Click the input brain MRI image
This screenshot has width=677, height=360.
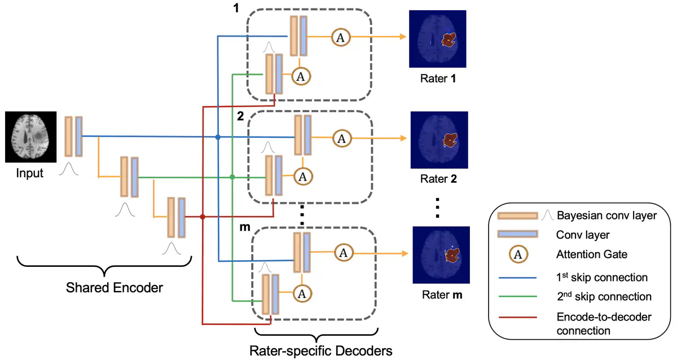click(31, 136)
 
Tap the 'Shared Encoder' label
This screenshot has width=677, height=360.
click(115, 287)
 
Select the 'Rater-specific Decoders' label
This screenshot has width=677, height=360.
click(320, 351)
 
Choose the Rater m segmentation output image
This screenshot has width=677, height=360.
click(441, 254)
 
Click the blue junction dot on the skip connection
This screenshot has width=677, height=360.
click(218, 137)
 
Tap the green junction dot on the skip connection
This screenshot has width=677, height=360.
click(232, 178)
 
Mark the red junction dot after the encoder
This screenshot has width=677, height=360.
click(203, 217)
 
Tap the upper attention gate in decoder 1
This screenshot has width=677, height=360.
click(340, 37)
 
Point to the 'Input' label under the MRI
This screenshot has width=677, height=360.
click(30, 173)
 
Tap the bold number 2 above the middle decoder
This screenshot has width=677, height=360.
click(240, 116)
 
